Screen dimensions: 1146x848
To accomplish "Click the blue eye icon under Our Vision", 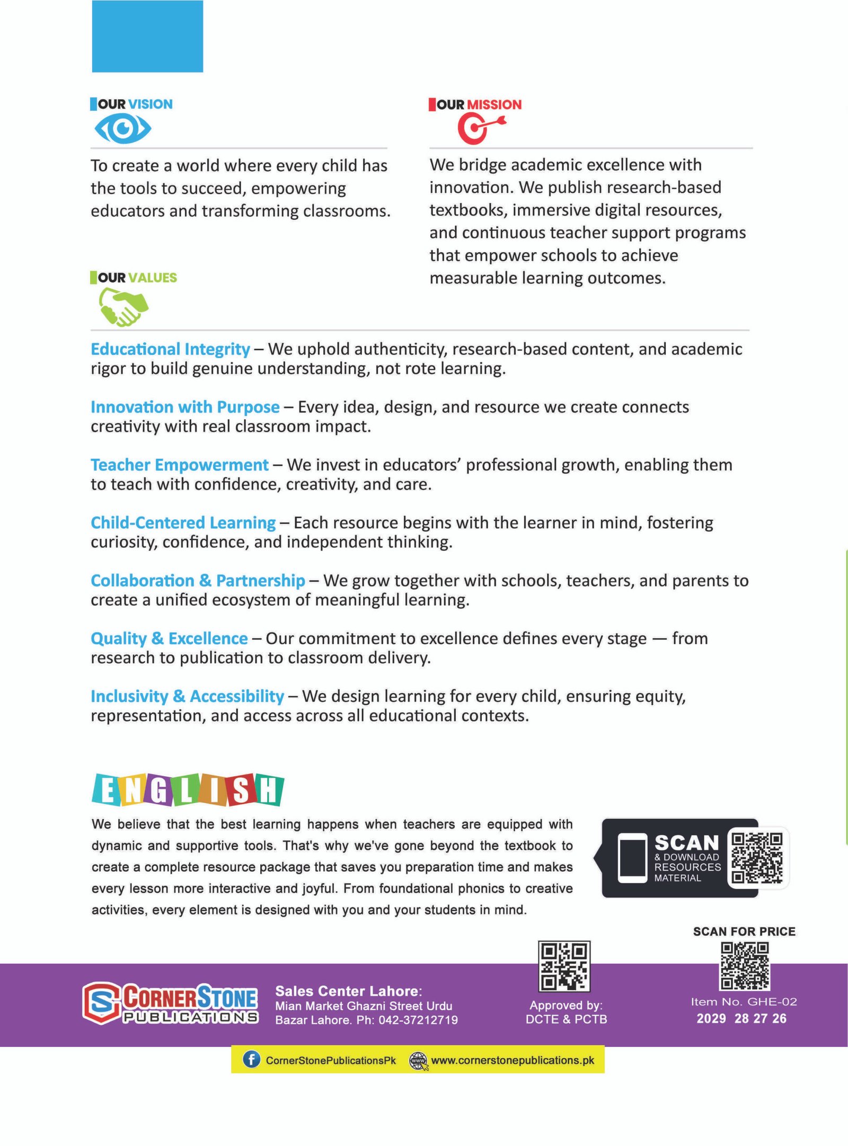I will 123,129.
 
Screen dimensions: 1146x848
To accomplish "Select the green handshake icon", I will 123,307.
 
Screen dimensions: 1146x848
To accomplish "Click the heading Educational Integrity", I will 170,349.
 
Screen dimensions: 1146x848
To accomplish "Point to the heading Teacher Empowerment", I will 180,465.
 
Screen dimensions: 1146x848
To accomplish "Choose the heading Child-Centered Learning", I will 183,522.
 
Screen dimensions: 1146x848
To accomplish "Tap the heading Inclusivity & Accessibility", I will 187,696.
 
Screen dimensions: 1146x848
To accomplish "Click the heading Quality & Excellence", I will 169,638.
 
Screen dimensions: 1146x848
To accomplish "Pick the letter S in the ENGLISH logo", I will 240,791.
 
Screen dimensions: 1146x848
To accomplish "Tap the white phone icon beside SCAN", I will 632,858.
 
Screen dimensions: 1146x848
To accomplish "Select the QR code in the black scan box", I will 756,858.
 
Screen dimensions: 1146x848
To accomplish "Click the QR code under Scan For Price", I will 744,965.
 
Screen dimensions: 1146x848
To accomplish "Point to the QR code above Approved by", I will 564,966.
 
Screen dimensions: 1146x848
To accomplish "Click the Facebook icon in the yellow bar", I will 251,1060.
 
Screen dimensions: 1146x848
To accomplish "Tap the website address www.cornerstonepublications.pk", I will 512,1060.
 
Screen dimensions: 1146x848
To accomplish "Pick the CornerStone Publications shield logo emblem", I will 101,1002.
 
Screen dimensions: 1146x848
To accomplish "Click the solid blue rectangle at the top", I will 147,36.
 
